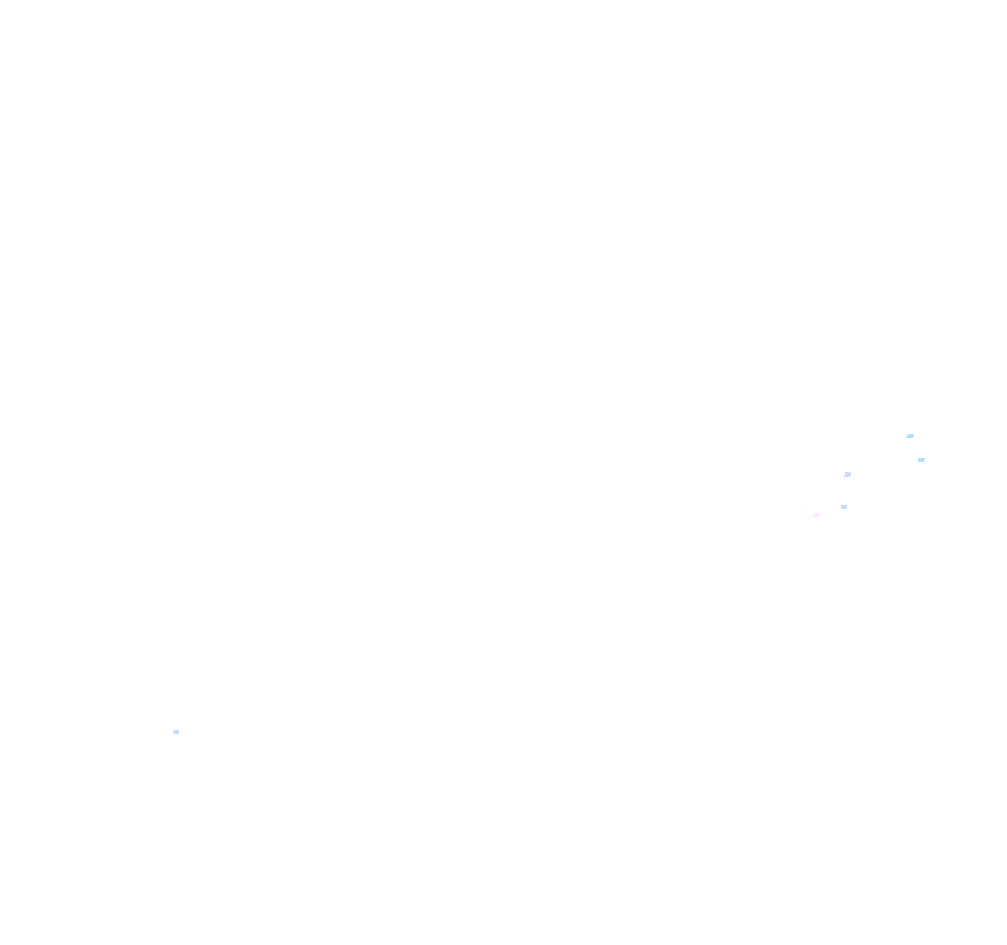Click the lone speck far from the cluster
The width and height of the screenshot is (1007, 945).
[x=176, y=732]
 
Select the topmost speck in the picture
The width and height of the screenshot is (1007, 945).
[x=910, y=436]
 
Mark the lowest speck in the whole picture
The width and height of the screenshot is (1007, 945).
[x=176, y=732]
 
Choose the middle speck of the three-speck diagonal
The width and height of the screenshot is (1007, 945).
[x=921, y=460]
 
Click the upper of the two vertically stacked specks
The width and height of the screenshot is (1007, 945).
[x=847, y=475]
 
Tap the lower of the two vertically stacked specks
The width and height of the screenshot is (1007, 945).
[x=844, y=507]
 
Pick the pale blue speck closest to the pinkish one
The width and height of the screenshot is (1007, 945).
[x=844, y=507]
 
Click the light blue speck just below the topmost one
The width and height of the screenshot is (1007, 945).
[x=921, y=460]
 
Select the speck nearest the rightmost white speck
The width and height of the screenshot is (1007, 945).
[x=921, y=460]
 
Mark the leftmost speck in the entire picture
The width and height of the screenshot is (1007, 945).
[x=176, y=732]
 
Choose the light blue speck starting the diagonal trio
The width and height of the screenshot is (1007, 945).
[x=910, y=436]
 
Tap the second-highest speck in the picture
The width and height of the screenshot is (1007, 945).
[x=921, y=460]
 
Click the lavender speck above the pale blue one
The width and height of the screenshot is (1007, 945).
[x=847, y=475]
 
